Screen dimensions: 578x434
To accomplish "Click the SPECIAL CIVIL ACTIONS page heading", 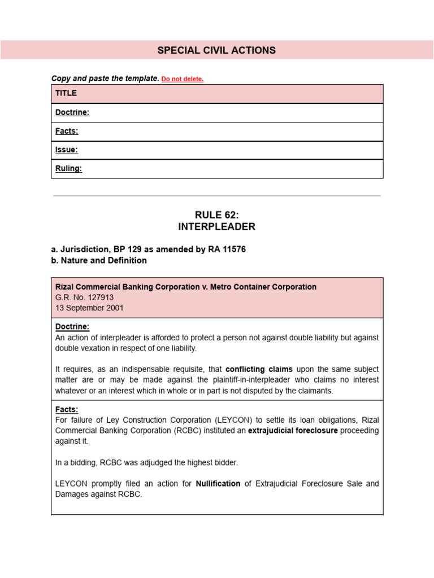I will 216,50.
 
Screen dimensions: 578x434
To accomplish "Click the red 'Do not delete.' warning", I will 183,80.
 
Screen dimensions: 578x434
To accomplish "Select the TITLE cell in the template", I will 66,93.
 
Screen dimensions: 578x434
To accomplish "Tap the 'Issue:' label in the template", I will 67,150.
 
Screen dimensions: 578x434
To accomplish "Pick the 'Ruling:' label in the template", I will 68,169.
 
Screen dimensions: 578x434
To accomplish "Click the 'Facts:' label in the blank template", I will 67,131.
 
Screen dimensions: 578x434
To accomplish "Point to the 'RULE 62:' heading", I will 217,214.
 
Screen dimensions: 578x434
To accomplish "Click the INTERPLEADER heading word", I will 217,227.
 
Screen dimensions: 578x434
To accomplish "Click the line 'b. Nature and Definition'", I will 99,260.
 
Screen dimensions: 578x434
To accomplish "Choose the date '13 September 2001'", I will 89,308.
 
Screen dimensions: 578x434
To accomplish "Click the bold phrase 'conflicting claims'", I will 259,370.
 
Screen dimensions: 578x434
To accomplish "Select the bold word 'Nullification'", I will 218,484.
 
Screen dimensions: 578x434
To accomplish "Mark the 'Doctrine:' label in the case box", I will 72,327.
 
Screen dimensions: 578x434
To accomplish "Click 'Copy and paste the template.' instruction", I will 105,78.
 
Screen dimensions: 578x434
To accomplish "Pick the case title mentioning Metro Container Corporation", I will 186,287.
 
